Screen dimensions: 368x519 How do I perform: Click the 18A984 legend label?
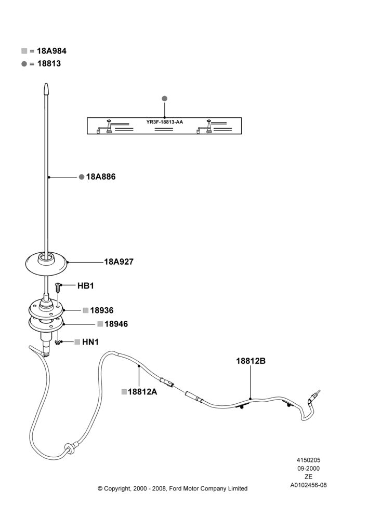(52, 51)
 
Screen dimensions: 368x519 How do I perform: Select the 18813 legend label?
(49, 63)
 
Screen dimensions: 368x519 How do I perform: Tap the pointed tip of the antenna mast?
(46, 84)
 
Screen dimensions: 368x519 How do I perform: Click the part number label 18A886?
(101, 177)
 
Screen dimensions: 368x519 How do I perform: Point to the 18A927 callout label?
(119, 262)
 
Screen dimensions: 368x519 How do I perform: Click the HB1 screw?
(58, 288)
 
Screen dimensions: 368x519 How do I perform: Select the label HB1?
(86, 285)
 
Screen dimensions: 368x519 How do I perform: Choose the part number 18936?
(102, 310)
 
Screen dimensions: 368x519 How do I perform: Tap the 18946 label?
(116, 324)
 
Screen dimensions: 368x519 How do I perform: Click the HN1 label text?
(90, 342)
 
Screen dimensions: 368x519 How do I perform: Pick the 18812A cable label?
(142, 392)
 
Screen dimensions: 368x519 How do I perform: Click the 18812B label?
(251, 361)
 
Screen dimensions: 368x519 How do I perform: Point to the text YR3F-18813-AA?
(164, 122)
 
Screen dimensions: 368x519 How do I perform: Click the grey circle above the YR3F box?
(164, 99)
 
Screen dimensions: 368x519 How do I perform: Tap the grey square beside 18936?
(86, 310)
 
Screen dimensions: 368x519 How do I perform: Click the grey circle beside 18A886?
(82, 177)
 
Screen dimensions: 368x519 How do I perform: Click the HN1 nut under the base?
(58, 343)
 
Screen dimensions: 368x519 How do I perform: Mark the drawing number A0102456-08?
(308, 485)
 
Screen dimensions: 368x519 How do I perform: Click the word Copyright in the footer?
(117, 489)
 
